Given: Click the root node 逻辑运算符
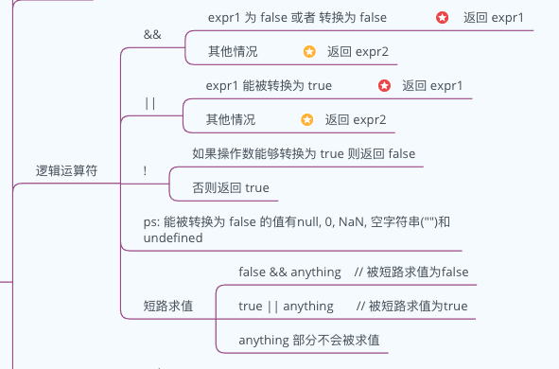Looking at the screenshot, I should [66, 171].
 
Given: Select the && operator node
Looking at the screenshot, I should [151, 34].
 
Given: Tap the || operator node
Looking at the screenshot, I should [149, 102].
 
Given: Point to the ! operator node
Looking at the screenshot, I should [145, 170].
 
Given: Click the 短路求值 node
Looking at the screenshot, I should [167, 306].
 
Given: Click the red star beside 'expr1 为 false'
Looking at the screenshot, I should [442, 18].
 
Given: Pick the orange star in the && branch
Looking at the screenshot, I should [309, 51].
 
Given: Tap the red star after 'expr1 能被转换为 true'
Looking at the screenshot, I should [384, 85].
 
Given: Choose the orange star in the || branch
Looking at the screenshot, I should [306, 120].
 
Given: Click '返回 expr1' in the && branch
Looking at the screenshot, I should [493, 18].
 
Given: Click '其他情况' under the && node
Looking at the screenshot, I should [232, 51].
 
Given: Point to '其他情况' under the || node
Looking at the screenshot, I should [231, 120].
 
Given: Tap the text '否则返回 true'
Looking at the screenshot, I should [230, 187].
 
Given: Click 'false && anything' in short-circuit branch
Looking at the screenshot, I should [289, 272].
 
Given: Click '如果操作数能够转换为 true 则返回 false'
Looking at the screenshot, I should [303, 153].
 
